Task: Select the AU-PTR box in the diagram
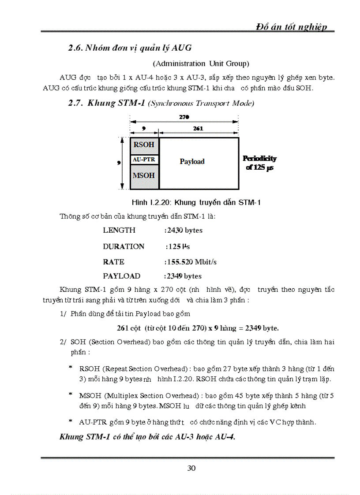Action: coord(144,160)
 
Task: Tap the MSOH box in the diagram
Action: coord(144,175)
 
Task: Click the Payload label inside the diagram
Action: coord(192,161)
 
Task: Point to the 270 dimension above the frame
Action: coord(184,118)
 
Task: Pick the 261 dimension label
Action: coord(198,128)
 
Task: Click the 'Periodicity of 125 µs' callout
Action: coord(260,163)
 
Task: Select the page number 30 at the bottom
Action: coord(191,468)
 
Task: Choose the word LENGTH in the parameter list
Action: coord(119,230)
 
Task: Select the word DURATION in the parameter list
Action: coord(124,246)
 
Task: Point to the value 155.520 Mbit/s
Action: coord(191,262)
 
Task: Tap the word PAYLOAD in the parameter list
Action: coord(121,276)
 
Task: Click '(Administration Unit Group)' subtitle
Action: coord(201,63)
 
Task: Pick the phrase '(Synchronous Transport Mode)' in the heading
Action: coord(201,104)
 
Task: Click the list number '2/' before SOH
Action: coord(63,342)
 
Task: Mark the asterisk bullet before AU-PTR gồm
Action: coord(70,421)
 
